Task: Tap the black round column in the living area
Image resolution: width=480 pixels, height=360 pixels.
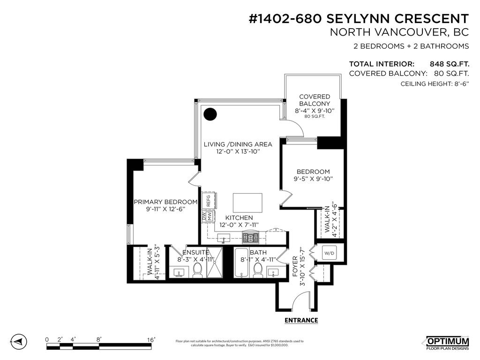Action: coord(210,114)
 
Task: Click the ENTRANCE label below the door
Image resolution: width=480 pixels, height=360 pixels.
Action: coord(301,321)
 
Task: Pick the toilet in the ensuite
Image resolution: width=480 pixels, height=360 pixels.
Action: coord(197,269)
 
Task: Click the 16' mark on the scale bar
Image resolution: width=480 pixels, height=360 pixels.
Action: coord(151,339)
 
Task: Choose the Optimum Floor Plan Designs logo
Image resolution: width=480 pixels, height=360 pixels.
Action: coord(447,343)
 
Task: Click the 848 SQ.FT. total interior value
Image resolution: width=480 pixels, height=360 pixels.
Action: coord(450,64)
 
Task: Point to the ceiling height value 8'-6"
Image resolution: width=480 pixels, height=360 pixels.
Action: coord(459,84)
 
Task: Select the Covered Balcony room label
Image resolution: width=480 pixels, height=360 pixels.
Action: coord(315,100)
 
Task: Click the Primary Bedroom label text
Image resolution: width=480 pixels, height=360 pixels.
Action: coord(165,202)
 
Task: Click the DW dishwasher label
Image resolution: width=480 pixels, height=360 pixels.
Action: coord(204,217)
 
